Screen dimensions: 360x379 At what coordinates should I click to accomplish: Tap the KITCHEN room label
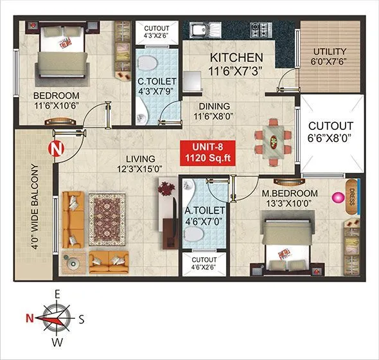(236, 58)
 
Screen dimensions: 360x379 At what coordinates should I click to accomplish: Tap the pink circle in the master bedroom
(335, 198)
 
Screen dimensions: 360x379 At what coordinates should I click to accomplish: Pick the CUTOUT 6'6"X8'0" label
(330, 131)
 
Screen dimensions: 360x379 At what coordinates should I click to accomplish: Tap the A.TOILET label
(204, 210)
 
